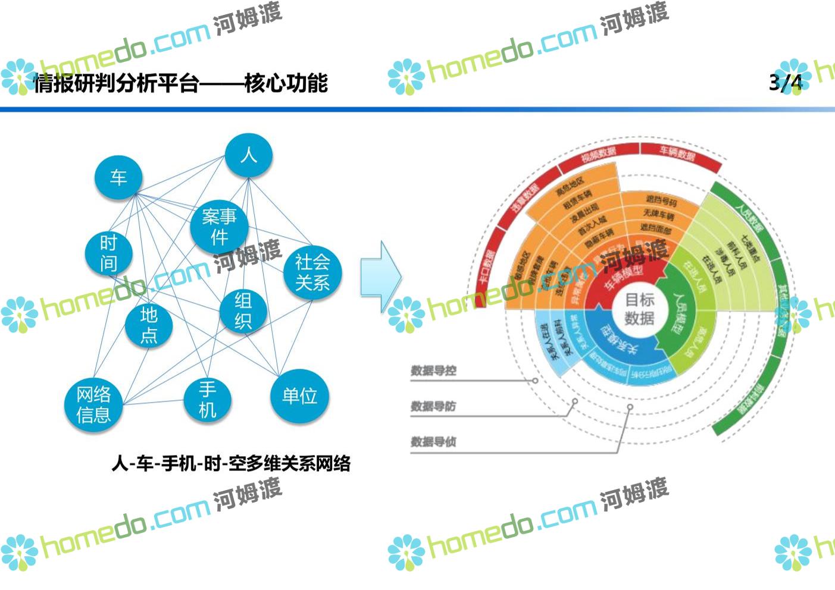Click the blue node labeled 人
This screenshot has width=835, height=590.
tap(248, 155)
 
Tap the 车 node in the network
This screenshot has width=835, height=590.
tap(118, 177)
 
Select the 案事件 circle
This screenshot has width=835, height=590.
tap(219, 227)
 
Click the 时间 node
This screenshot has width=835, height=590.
tap(108, 253)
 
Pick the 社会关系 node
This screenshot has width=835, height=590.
tap(312, 272)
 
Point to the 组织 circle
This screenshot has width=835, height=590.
tap(243, 310)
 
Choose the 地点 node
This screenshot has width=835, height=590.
tap(149, 325)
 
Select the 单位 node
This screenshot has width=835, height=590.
tap(299, 396)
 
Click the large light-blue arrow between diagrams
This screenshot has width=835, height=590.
tap(381, 277)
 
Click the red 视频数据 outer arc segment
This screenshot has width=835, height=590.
tap(598, 155)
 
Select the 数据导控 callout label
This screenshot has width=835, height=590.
tap(433, 371)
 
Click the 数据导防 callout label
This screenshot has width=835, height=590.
tap(433, 406)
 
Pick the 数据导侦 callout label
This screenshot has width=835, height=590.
tap(433, 442)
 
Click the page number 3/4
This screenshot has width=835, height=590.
tap(785, 83)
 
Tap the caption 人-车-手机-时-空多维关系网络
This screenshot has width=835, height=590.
tap(231, 463)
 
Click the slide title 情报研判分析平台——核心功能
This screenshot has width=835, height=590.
tap(180, 83)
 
